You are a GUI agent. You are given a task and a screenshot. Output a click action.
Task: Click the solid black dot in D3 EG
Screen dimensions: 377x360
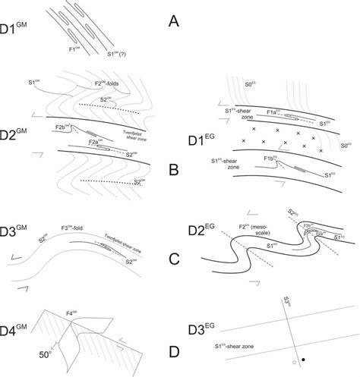click(305, 357)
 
